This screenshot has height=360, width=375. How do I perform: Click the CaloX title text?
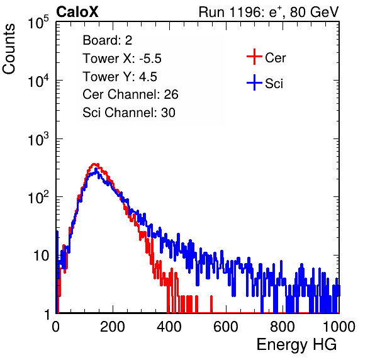pyautogui.click(x=77, y=12)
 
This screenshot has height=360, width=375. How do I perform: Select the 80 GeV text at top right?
pyautogui.click(x=315, y=12)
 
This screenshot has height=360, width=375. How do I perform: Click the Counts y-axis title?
pyautogui.click(x=9, y=49)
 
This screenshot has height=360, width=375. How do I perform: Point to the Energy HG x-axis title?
pyautogui.click(x=296, y=345)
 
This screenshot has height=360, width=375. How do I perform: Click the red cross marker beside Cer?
pyautogui.click(x=254, y=57)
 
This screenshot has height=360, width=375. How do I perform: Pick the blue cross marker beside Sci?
pyautogui.click(x=254, y=83)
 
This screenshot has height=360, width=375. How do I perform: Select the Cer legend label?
pyautogui.click(x=275, y=58)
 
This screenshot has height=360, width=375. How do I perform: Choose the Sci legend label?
pyautogui.click(x=274, y=84)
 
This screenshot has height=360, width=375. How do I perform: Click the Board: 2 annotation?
pyautogui.click(x=107, y=40)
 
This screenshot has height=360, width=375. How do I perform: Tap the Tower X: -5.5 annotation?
pyautogui.click(x=122, y=59)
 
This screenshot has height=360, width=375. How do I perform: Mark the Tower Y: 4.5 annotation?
pyautogui.click(x=120, y=77)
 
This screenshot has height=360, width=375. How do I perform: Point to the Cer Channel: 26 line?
pyautogui.click(x=130, y=94)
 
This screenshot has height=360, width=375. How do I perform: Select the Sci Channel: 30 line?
pyautogui.click(x=129, y=113)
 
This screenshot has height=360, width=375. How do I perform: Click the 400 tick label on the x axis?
pyautogui.click(x=169, y=327)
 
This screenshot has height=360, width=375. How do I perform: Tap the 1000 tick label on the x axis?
pyautogui.click(x=339, y=327)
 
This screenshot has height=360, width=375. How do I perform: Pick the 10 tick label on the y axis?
pyautogui.click(x=42, y=256)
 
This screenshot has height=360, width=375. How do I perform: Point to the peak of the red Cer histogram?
pyautogui.click(x=95, y=164)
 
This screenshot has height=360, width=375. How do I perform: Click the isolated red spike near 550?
pyautogui.click(x=211, y=304)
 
